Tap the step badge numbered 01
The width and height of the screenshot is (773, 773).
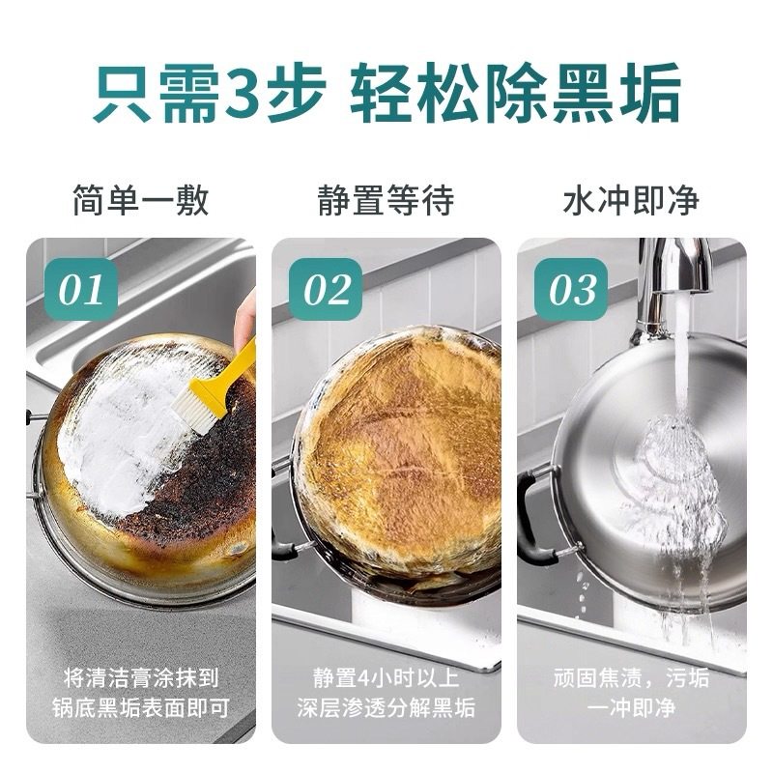click(x=81, y=288)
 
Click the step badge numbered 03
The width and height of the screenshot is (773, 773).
click(x=572, y=288)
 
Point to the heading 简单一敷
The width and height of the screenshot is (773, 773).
click(x=140, y=201)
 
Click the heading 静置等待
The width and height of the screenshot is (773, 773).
click(x=386, y=201)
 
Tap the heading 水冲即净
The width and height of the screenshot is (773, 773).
click(x=631, y=201)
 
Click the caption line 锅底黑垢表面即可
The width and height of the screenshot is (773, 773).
click(x=141, y=707)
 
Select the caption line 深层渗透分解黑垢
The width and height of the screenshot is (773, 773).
click(x=386, y=707)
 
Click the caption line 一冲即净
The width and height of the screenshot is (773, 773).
click(x=631, y=707)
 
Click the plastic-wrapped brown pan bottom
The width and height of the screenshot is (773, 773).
click(x=406, y=454)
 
